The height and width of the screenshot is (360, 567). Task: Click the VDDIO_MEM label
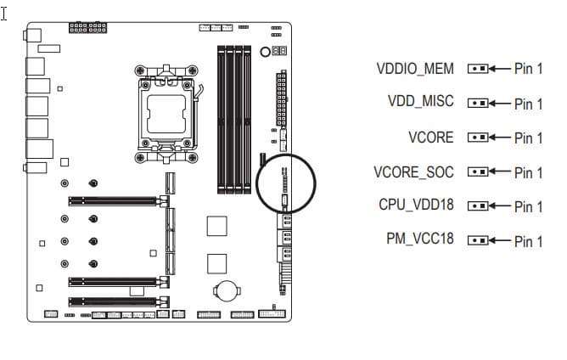415,69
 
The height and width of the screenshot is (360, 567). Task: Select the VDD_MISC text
420,101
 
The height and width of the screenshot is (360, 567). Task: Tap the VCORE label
431,138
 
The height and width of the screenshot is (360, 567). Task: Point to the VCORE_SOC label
413,172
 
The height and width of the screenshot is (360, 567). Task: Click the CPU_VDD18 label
416,205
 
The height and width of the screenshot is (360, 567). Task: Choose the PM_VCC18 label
420,239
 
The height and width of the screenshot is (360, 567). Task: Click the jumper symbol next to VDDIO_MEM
478,69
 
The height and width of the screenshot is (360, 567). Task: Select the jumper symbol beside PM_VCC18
478,240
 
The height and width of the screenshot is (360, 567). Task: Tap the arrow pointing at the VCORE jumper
500,138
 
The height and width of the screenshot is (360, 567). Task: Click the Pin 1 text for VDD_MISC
528,104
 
